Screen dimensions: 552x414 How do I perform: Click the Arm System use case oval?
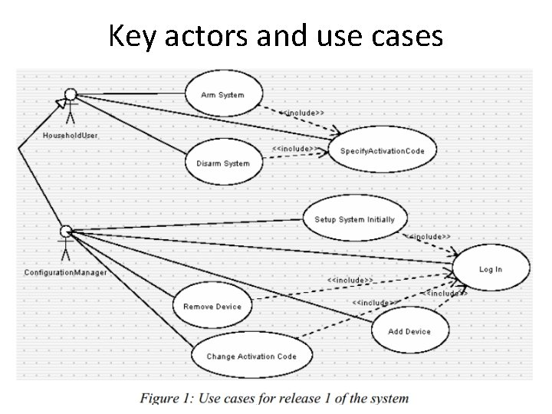tap(224, 94)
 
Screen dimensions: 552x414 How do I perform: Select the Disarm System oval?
tap(224, 163)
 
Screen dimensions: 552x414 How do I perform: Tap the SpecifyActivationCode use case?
tap(383, 150)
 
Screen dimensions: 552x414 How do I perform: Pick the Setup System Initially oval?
tap(355, 219)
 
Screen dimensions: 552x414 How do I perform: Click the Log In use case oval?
tap(491, 268)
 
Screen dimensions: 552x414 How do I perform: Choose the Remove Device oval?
tap(212, 305)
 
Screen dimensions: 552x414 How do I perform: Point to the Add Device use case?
tap(410, 330)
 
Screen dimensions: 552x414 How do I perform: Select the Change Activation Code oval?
tap(251, 355)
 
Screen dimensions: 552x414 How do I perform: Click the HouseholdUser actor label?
tap(71, 136)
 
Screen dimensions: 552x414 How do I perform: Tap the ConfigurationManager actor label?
tap(65, 272)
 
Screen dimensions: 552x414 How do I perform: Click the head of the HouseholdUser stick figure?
tap(71, 94)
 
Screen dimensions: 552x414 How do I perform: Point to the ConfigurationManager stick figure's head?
tap(66, 231)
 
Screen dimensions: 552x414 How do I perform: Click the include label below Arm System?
tap(302, 113)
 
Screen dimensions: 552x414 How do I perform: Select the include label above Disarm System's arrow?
tap(295, 149)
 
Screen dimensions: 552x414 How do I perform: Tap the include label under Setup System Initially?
tap(428, 237)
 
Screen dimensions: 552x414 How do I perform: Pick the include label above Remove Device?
tap(350, 281)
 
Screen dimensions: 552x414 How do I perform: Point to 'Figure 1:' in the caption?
tap(167, 398)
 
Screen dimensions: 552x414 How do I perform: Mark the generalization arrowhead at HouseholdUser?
tap(61, 103)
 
